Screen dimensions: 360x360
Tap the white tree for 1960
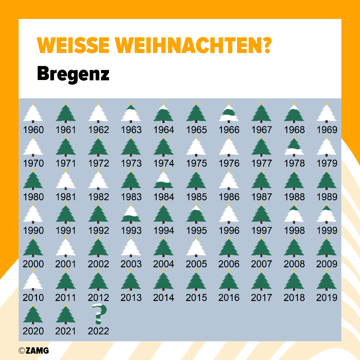click(33, 113)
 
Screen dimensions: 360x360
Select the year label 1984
click(164, 197)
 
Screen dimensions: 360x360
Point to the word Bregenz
click(73, 74)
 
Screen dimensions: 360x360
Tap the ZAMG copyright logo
click(34, 350)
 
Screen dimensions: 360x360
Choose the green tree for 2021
click(66, 315)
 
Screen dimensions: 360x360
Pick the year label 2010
click(33, 297)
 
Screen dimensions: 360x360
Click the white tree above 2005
click(196, 247)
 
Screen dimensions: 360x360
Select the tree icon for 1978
click(294, 147)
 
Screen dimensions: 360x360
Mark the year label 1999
click(327, 230)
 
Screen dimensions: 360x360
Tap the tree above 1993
click(131, 214)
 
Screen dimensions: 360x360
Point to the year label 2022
click(99, 331)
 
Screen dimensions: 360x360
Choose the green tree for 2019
click(327, 281)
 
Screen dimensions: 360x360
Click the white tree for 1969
click(327, 113)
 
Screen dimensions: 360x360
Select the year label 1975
click(196, 163)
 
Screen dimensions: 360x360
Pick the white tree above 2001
click(66, 247)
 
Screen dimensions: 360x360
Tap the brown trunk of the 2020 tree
click(33, 322)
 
